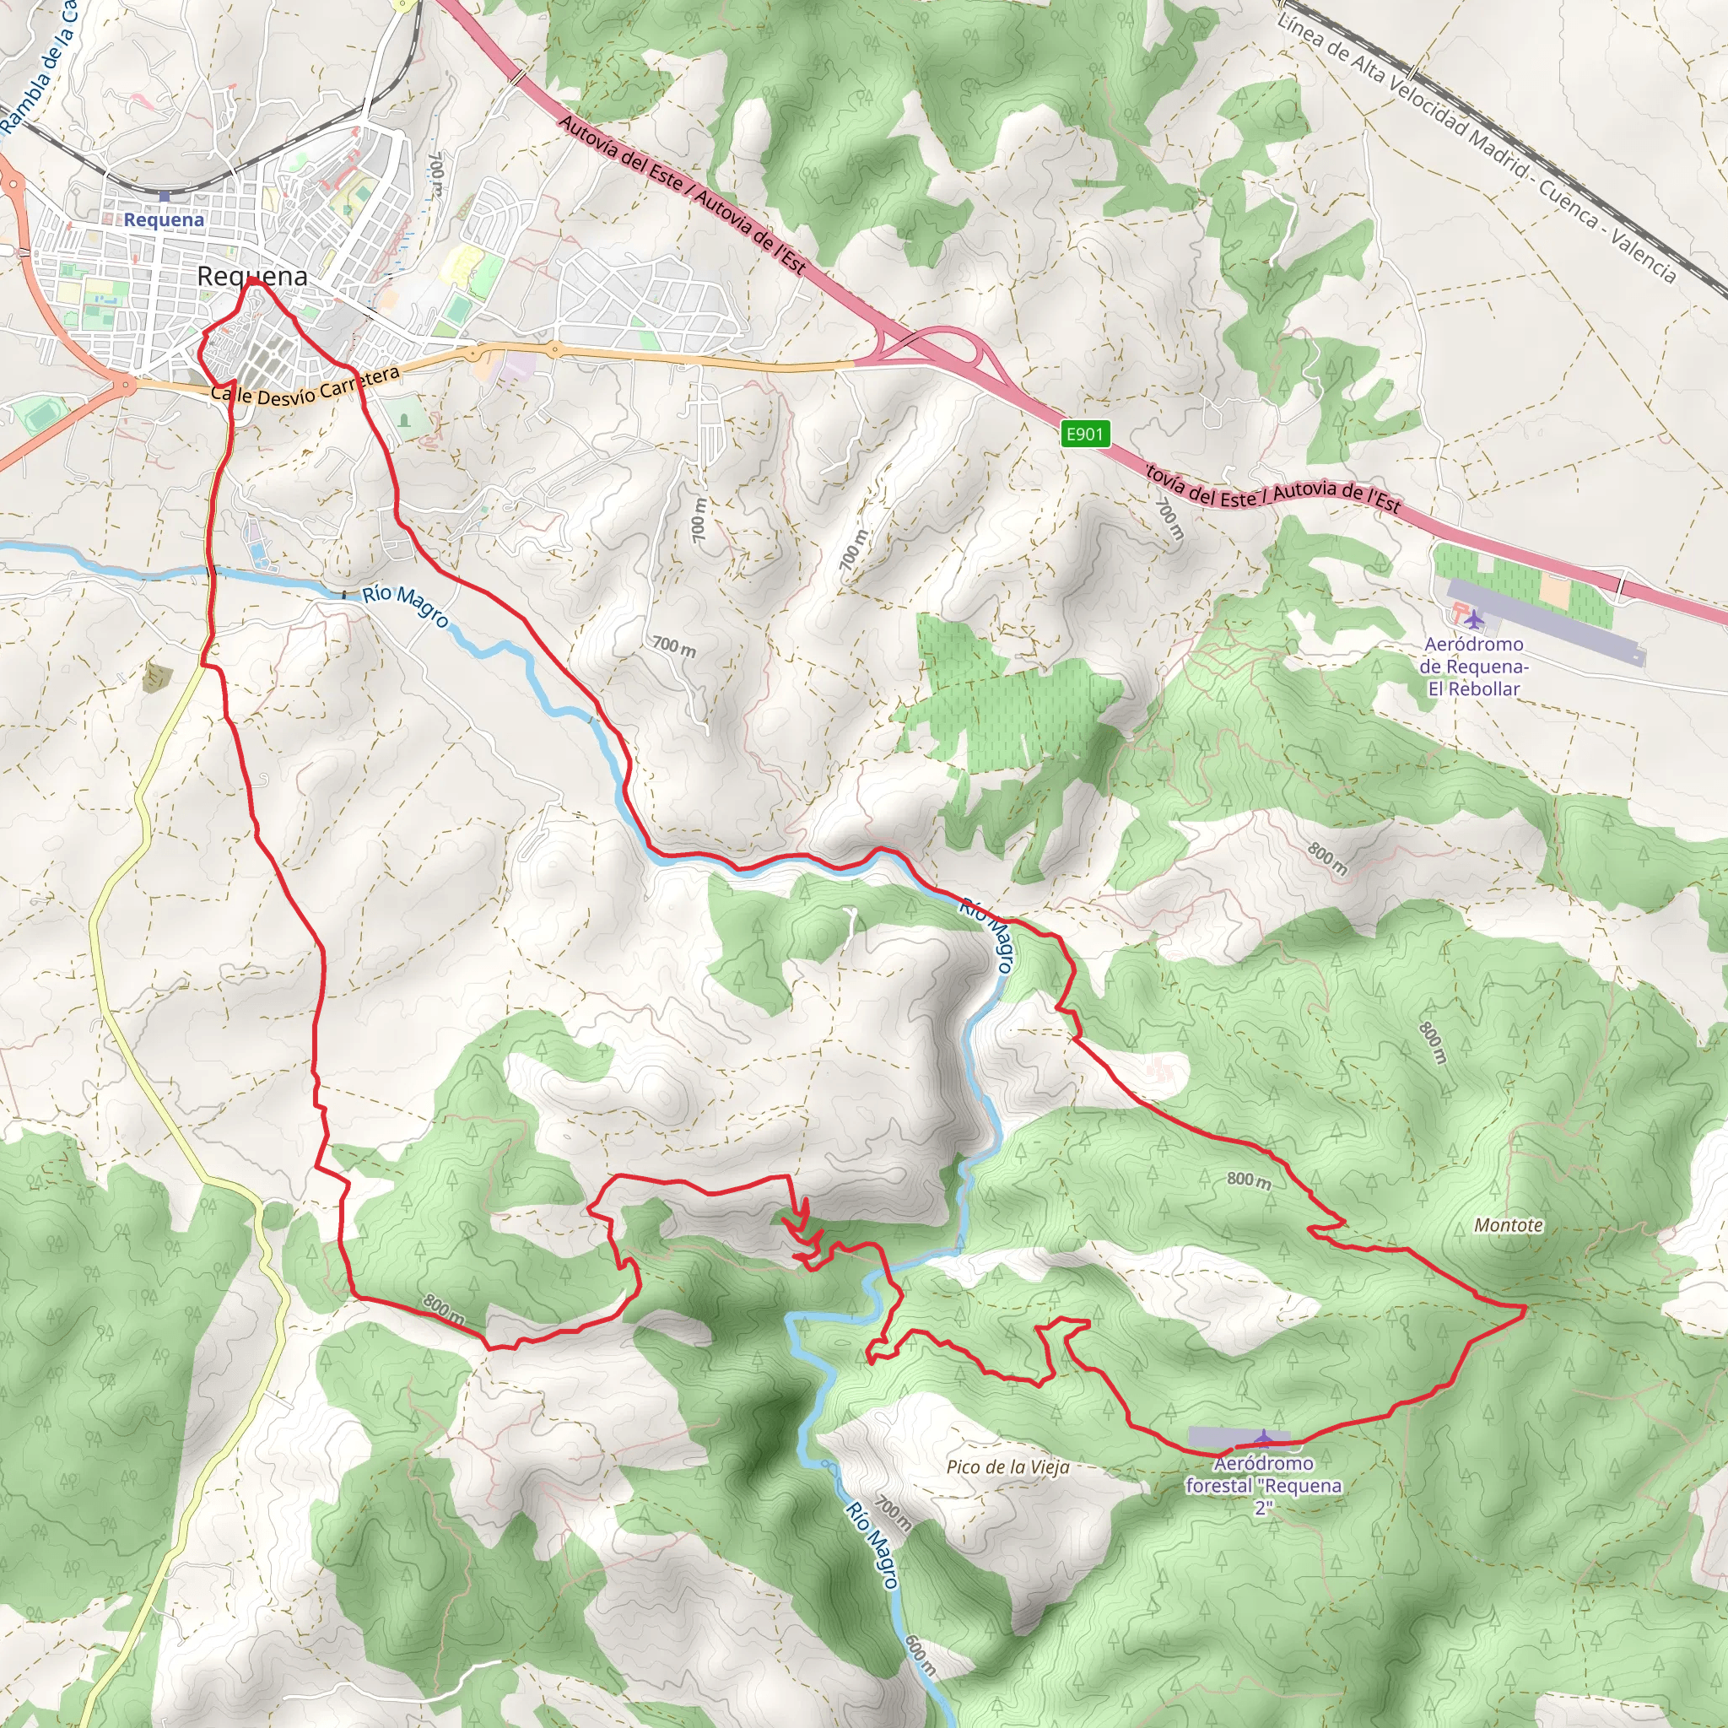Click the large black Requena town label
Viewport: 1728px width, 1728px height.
[251, 277]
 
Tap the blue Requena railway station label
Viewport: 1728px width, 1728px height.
[164, 219]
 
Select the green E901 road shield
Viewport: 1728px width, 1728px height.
[1085, 434]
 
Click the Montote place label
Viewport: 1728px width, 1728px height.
[1508, 1224]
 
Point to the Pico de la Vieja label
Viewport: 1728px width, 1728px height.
[1007, 1466]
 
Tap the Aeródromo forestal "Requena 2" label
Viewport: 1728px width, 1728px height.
[1263, 1486]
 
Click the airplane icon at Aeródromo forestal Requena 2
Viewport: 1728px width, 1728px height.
[1263, 1437]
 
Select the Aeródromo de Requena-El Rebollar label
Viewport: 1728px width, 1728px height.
[1473, 667]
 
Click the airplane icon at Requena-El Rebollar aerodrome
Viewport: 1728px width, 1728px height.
[1473, 619]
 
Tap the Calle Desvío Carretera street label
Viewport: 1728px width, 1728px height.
[304, 386]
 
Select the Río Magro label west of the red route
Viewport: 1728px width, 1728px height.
[405, 607]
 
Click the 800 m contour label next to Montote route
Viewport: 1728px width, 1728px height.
[1249, 1180]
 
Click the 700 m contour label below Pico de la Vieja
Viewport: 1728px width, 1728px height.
[893, 1511]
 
